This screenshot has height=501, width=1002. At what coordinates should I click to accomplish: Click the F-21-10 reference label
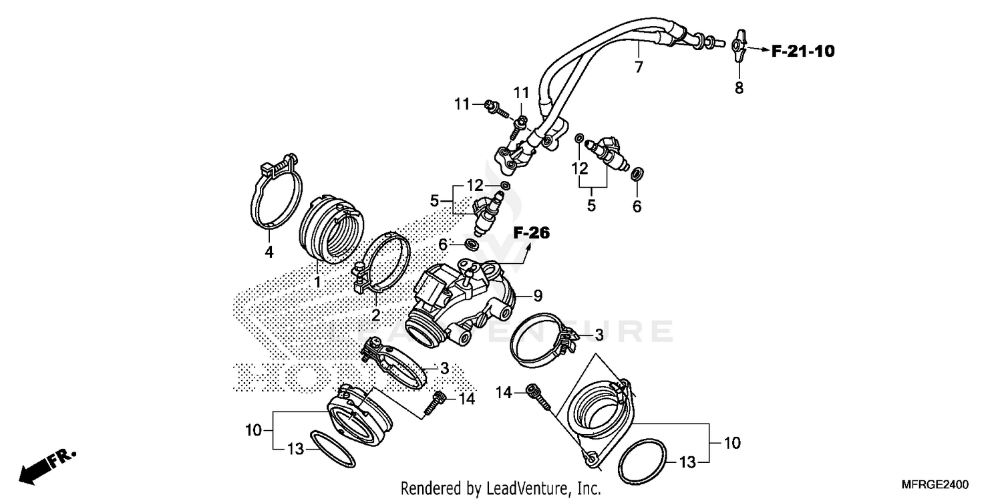click(803, 51)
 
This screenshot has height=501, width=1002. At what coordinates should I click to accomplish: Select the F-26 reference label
click(531, 233)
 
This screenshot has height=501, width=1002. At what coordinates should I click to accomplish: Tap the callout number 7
click(639, 67)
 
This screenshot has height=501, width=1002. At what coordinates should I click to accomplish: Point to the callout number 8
click(739, 88)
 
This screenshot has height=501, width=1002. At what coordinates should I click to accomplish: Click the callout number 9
click(538, 294)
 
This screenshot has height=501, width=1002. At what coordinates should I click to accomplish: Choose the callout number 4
click(269, 252)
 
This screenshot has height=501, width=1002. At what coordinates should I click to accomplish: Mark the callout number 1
click(317, 283)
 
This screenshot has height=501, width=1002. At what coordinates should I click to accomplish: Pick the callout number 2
click(376, 315)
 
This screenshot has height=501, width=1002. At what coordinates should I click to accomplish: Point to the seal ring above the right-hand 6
click(637, 174)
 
